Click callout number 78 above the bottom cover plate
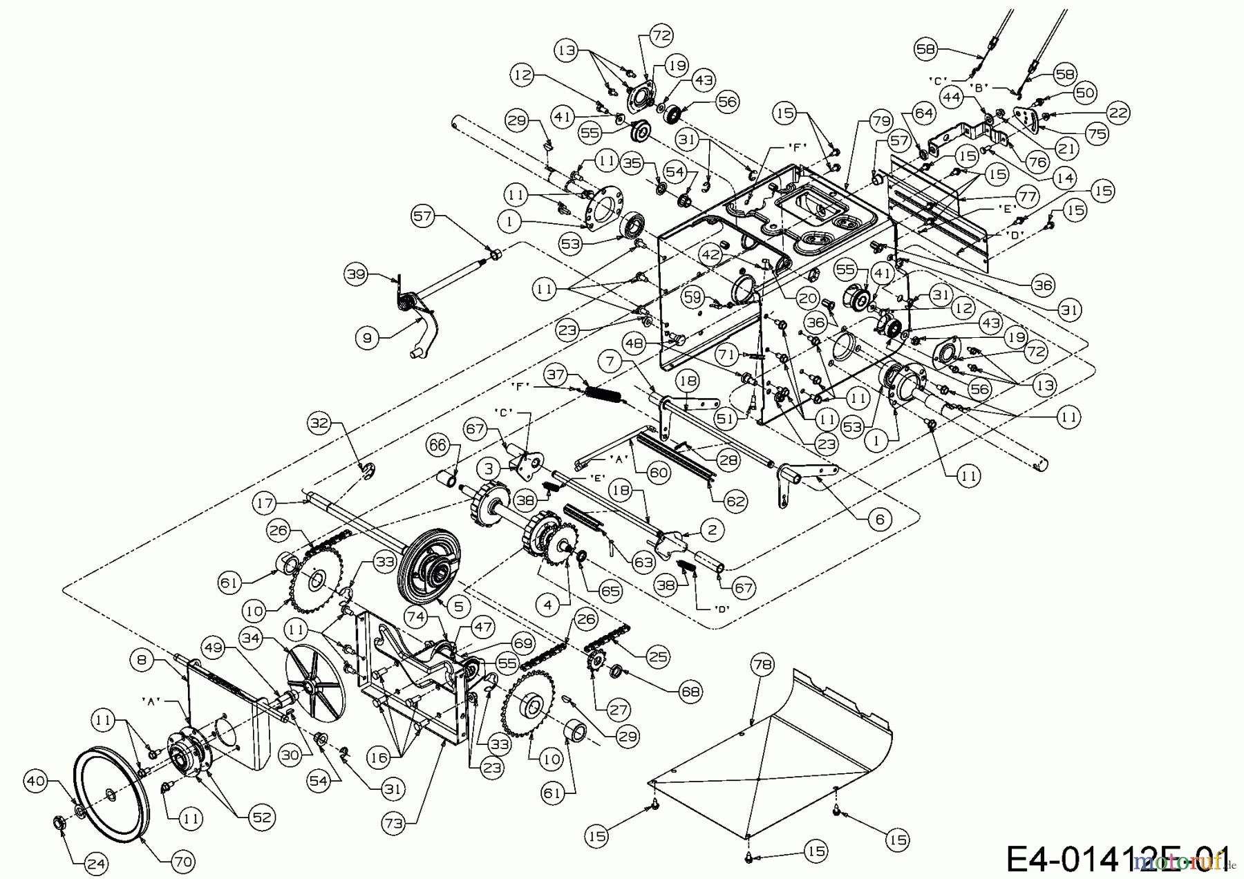763,665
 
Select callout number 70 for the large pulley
182,861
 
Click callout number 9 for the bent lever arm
368,337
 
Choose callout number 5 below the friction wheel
460,606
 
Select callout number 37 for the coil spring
555,375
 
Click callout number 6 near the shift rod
879,518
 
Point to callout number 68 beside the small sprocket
690,690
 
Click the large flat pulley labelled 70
111,795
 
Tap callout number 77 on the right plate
1027,196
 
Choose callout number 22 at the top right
1118,113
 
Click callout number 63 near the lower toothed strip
643,562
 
